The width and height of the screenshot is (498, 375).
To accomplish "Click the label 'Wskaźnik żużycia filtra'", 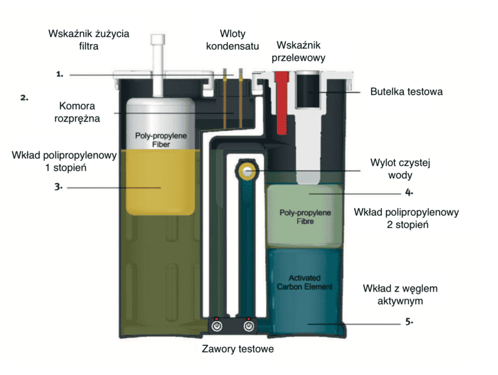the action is point(89,40).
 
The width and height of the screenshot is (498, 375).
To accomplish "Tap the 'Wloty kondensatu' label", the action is point(233,40).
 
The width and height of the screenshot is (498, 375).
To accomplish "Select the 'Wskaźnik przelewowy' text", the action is point(298,51).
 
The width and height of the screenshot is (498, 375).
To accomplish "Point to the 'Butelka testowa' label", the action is point(406,92).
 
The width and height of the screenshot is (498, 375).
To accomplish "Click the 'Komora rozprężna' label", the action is point(77,112).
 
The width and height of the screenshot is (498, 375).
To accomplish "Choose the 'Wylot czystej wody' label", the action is point(400,169).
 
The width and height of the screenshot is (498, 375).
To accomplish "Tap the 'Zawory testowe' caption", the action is point(238,349).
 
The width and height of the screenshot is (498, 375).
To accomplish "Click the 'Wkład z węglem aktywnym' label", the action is point(400,295).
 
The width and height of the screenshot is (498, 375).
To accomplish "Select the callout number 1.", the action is point(60,74).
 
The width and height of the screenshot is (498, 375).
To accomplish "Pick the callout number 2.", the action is point(24,98).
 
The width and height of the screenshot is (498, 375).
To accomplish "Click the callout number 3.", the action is point(58,187).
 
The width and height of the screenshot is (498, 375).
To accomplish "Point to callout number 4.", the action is point(409,192).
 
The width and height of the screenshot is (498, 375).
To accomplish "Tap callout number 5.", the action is point(409,322).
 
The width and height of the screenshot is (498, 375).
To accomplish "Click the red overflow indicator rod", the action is point(281,103).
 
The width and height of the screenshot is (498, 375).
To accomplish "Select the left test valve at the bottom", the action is point(217,326).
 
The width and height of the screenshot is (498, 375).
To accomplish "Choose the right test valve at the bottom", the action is point(249,326).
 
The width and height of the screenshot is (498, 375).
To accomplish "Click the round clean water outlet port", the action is point(248,172).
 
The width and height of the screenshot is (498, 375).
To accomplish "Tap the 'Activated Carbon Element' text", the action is point(305,282).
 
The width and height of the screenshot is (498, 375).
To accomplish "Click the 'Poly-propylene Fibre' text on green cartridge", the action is point(305,217).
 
